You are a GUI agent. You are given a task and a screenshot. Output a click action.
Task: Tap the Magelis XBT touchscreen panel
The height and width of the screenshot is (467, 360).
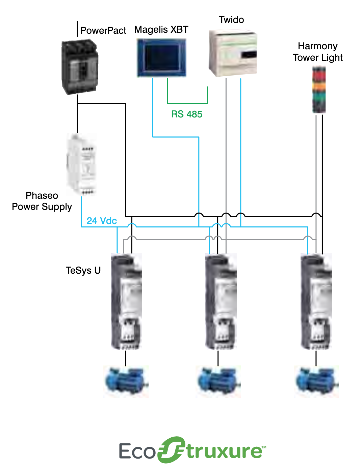tap(161, 58)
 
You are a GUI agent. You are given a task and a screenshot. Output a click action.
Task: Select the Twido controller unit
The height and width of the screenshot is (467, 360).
tap(233, 53)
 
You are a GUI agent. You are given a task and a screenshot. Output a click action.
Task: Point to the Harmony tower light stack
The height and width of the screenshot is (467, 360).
tap(319, 90)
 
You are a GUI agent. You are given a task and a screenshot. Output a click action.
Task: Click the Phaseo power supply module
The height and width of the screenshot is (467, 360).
tap(82, 165)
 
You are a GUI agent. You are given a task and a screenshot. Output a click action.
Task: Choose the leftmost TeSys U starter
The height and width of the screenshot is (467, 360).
tap(126, 301)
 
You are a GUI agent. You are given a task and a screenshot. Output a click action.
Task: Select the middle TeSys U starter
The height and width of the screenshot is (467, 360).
tap(221, 301)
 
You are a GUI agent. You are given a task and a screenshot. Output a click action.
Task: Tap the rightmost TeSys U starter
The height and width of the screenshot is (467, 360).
tap(316, 301)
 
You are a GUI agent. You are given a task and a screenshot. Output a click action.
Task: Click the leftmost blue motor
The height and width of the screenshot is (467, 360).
tap(126, 381)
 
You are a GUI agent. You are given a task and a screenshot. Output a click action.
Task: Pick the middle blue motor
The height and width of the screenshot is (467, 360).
tap(218, 381)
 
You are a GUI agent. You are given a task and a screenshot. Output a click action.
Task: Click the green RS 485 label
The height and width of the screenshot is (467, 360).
tap(187, 114)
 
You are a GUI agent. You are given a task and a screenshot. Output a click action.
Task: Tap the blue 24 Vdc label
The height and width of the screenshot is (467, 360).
tap(102, 221)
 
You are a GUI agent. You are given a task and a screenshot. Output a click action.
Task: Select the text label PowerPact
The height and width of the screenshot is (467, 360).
tap(103, 31)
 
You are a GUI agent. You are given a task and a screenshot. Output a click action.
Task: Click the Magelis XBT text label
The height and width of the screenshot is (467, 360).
tap(161, 30)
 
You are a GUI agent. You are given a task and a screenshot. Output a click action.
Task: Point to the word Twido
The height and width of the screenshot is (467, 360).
tap(231, 20)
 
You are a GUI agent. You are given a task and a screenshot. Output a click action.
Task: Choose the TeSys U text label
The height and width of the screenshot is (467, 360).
tap(83, 271)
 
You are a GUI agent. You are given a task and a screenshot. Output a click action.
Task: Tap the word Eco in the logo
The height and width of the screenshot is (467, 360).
tap(137, 451)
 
